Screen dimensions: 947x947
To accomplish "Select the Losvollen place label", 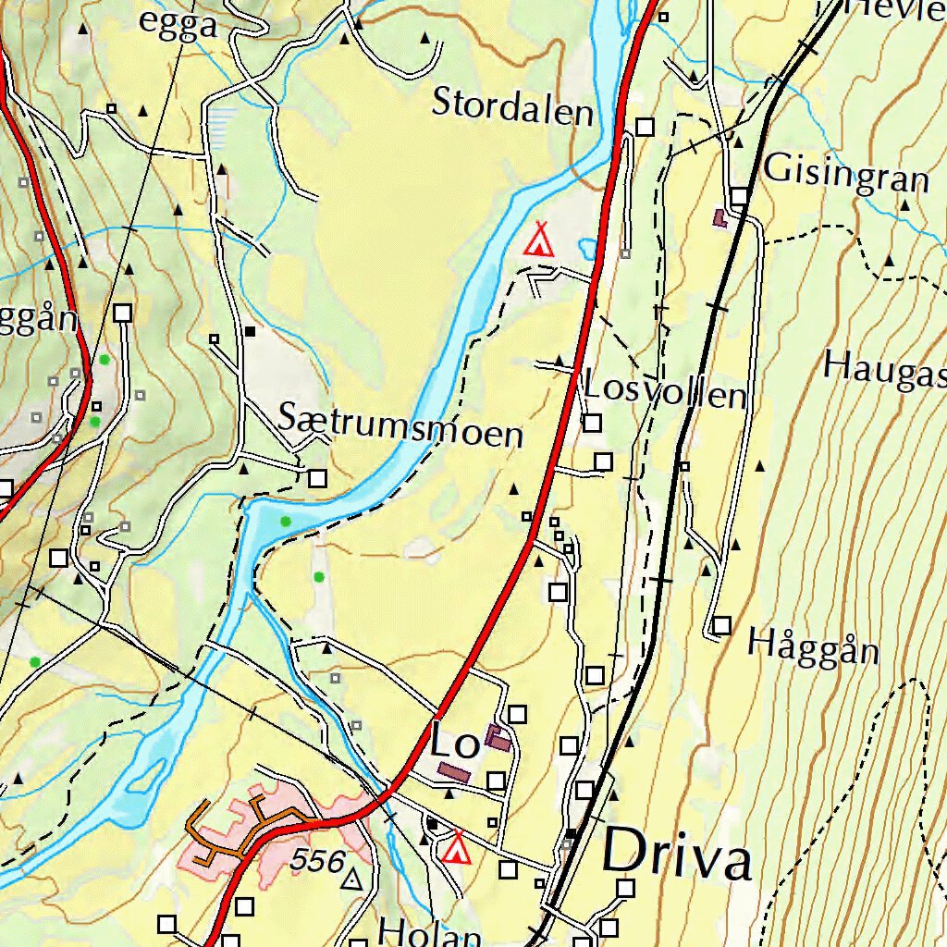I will pos(664,392).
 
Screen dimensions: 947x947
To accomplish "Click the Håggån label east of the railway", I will pos(812,646).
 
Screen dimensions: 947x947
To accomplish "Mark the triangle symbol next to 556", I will pos(351,879).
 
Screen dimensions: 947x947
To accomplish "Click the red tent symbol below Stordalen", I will pos(538,240).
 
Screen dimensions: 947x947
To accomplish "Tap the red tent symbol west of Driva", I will pos(455,848).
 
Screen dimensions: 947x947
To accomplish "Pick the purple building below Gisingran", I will pos(719,218).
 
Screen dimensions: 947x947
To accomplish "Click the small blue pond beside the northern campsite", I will pos(586,248).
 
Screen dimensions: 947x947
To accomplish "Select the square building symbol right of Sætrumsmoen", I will pos(317,478).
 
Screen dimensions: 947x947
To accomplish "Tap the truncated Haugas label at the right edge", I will pos(884,368).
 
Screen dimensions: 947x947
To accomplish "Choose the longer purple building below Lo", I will pos(453,771).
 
